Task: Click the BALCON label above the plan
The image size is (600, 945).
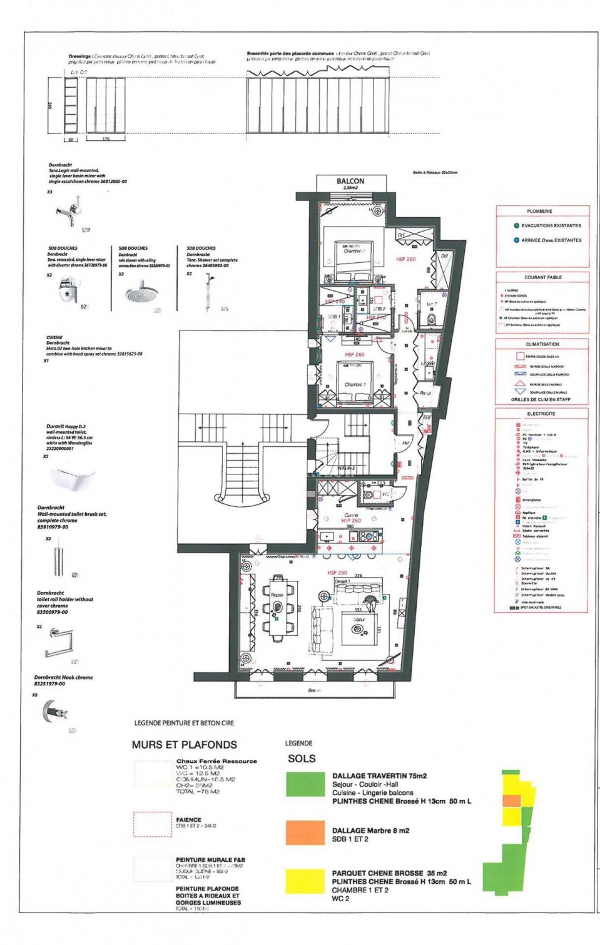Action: pos(350,181)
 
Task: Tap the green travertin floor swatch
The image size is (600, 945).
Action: pos(305,784)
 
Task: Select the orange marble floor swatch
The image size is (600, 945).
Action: pos(305,832)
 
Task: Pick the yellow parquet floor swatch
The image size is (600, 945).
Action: pos(305,881)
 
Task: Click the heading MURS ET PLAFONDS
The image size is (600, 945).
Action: pos(184,745)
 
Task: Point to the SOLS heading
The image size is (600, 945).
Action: pos(302,759)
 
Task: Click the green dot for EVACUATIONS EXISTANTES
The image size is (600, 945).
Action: pos(516,226)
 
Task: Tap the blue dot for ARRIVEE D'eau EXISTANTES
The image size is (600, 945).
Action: pos(516,240)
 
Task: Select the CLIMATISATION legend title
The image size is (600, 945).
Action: pos(542,344)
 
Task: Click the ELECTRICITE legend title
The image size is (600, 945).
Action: pos(541,414)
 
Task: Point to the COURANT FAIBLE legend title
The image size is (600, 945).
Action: pos(543,277)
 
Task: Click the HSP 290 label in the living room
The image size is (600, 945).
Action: pos(337,573)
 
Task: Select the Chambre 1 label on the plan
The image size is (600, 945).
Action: pos(355,385)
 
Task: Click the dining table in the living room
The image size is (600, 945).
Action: pos(277,605)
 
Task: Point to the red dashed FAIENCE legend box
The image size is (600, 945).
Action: pos(152,824)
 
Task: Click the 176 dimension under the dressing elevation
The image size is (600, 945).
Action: pos(106,139)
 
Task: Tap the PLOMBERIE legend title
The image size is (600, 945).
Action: pos(539,212)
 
